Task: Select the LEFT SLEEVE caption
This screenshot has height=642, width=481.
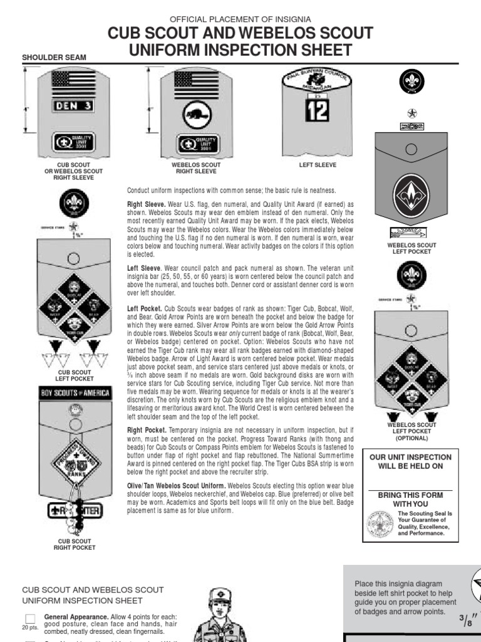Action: pos(318,165)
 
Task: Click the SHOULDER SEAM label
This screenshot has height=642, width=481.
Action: pos(54,58)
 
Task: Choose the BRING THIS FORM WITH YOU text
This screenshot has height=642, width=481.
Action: pos(410,499)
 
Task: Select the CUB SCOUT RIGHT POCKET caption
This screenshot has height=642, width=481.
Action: pos(76,544)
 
